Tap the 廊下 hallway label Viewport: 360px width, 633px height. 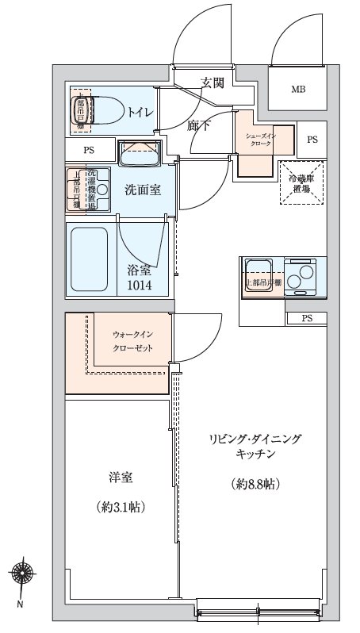[199, 125]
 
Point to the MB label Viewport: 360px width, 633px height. [298, 90]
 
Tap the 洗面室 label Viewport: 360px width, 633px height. [143, 190]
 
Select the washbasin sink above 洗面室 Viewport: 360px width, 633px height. [140, 153]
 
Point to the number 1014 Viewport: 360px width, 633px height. [143, 284]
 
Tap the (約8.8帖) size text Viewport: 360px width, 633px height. [255, 483]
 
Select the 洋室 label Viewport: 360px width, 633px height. [121, 478]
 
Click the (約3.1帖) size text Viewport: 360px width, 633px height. [120, 506]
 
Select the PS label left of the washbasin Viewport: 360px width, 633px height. [88, 149]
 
